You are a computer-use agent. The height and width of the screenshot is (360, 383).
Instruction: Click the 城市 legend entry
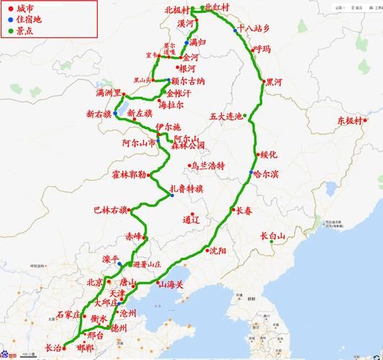click(x=24, y=9)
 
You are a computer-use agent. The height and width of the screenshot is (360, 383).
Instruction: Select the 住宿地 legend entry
click(x=29, y=19)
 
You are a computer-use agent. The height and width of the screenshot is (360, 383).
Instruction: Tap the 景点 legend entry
click(x=24, y=31)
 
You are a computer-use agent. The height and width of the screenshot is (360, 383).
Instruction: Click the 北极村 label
click(x=176, y=10)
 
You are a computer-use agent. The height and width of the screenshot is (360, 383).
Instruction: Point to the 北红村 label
click(x=217, y=7)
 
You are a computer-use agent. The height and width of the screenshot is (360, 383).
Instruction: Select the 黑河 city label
click(x=274, y=82)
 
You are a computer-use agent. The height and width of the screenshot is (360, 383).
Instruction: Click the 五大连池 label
click(x=226, y=115)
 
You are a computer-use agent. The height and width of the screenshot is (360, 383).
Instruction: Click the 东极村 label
click(x=351, y=122)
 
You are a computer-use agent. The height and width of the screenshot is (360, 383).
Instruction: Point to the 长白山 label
click(x=274, y=235)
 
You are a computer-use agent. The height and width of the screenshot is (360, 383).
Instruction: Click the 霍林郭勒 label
click(x=129, y=174)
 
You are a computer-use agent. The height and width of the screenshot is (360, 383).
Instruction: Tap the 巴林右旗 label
click(x=109, y=210)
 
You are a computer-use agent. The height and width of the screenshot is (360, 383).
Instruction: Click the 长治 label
click(x=53, y=347)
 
